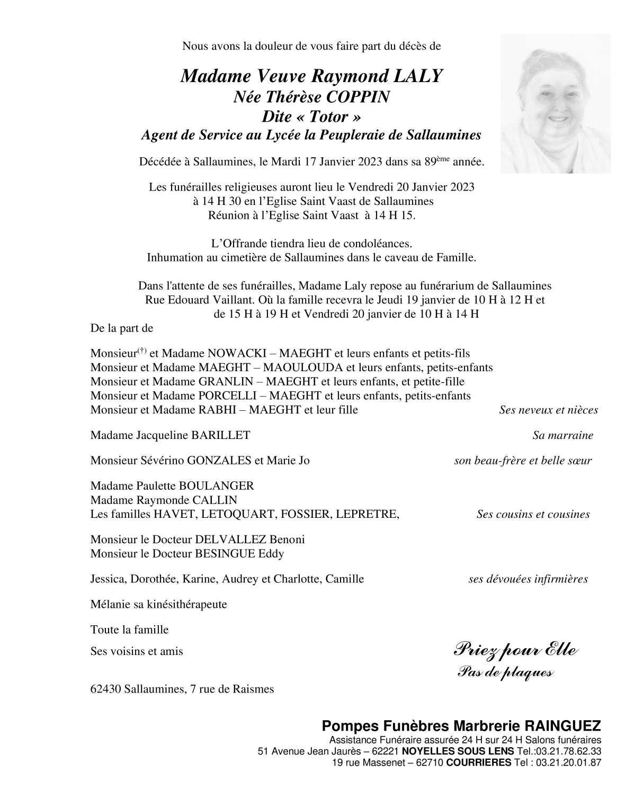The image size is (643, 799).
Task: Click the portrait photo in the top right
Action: point(555,104)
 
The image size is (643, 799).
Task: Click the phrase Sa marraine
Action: point(562,436)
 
